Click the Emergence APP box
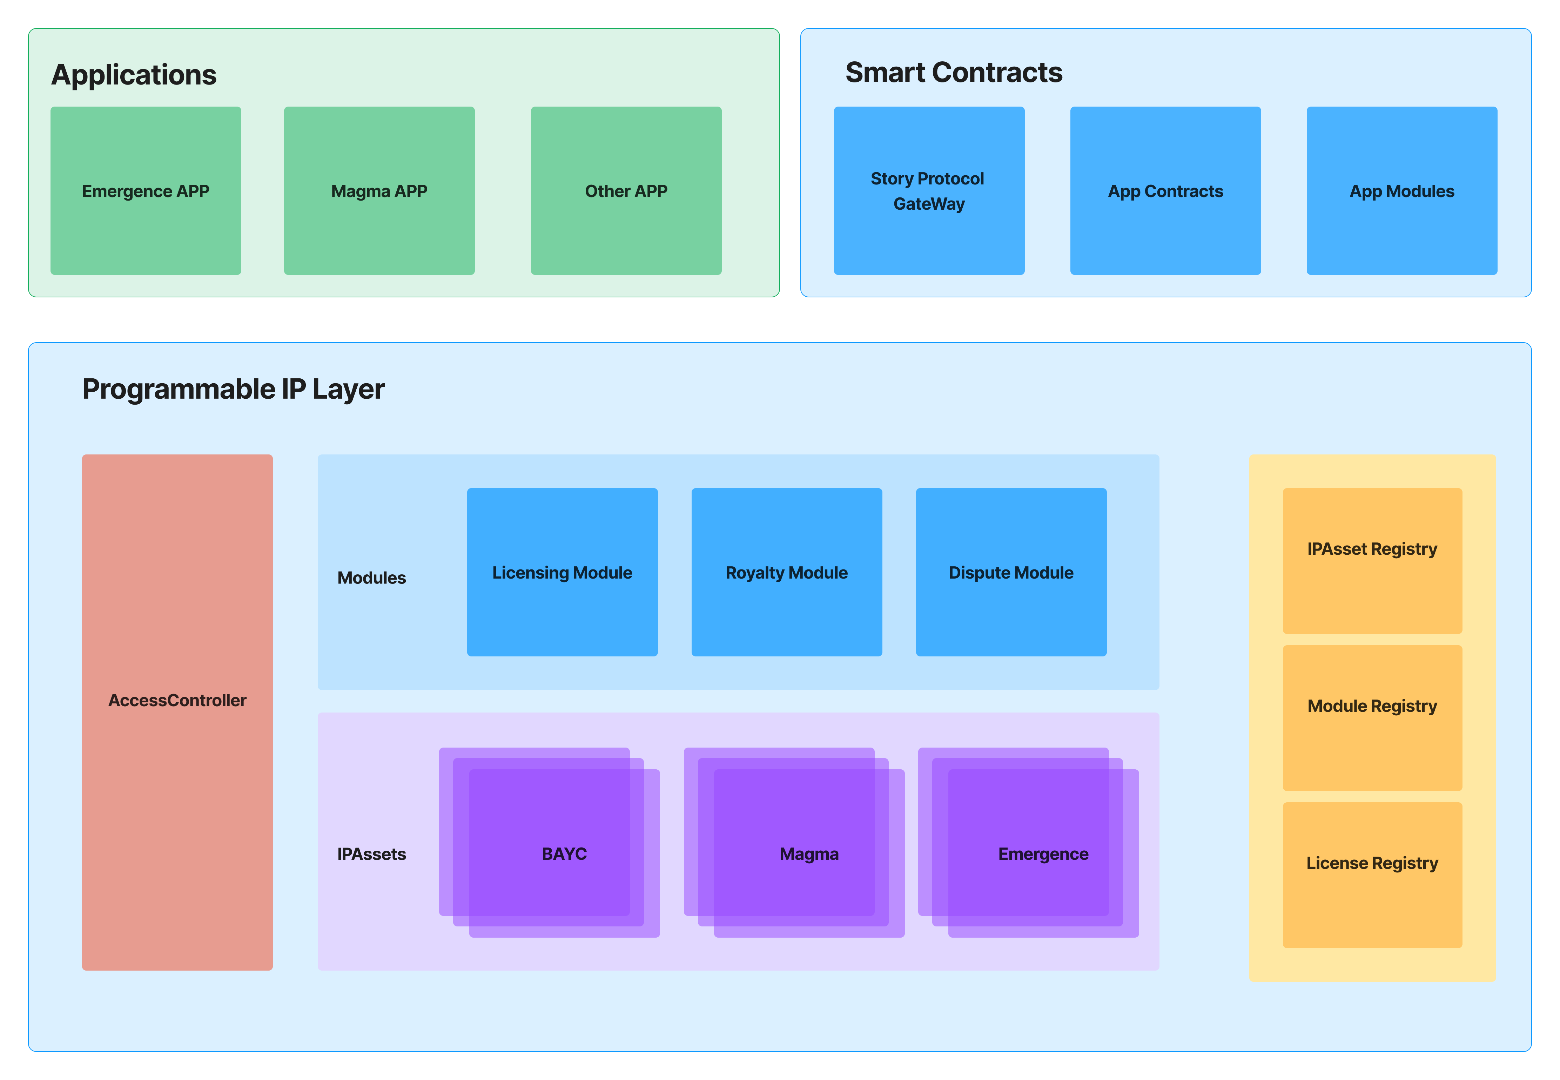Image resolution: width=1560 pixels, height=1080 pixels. (146, 191)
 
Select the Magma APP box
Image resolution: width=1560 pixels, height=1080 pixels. (379, 191)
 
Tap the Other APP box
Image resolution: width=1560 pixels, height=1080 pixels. (626, 191)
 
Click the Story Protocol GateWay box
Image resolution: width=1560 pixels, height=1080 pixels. (929, 191)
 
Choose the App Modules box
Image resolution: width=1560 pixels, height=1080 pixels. (1401, 191)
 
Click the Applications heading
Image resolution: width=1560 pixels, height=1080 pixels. (134, 74)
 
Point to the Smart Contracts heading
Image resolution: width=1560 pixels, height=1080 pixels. (954, 72)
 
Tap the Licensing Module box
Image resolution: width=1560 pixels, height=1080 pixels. (562, 573)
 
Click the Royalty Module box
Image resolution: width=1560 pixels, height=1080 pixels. (786, 573)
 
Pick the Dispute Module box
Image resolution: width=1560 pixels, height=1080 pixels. (1010, 573)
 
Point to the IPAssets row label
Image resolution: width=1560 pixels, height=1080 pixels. (371, 854)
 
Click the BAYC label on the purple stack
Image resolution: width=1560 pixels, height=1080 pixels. (564, 854)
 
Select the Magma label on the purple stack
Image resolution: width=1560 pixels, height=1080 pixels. (809, 854)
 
